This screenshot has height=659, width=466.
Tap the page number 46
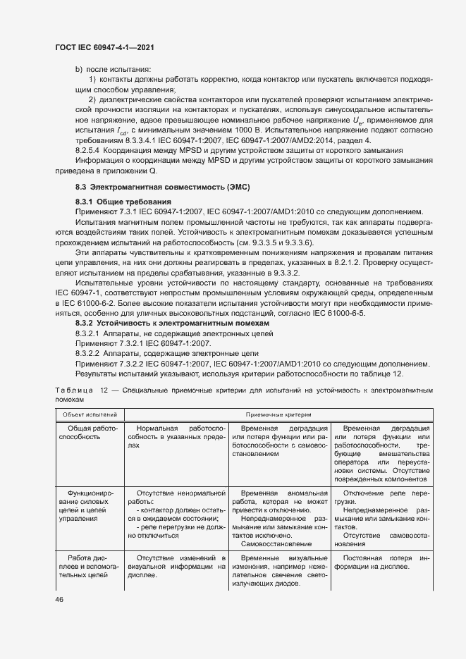click(x=59, y=599)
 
